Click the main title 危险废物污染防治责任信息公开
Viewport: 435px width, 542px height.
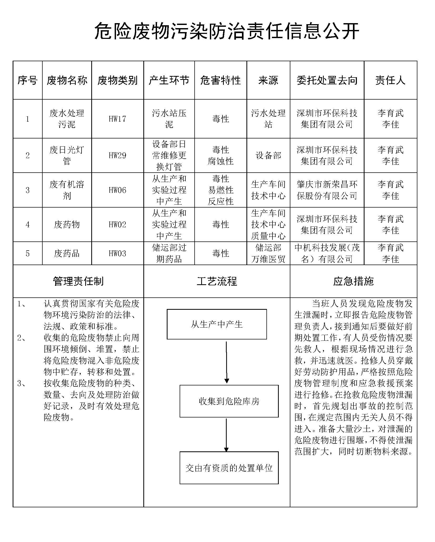click(x=227, y=31)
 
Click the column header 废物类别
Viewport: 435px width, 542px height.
click(x=117, y=80)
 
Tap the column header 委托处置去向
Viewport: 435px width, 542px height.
click(x=327, y=80)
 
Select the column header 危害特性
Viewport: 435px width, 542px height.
click(x=220, y=80)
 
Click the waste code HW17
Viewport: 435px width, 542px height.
click(x=117, y=119)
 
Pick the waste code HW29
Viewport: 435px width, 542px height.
click(x=117, y=156)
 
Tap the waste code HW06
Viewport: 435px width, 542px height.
click(x=117, y=190)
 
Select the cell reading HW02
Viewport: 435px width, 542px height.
click(x=117, y=225)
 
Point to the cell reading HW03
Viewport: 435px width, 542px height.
click(x=117, y=254)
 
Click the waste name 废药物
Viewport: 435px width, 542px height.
click(x=67, y=225)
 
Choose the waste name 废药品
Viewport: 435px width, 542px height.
click(x=67, y=254)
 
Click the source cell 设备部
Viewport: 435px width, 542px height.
click(x=268, y=156)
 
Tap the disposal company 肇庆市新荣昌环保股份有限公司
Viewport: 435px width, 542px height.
click(x=327, y=190)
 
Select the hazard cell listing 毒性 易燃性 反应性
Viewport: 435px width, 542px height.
click(x=220, y=190)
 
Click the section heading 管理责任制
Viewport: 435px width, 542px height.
click(x=78, y=281)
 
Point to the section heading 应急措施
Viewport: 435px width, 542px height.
click(x=353, y=281)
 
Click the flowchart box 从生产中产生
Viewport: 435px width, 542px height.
click(x=217, y=324)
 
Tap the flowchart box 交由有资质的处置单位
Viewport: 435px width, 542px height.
click(x=229, y=468)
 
